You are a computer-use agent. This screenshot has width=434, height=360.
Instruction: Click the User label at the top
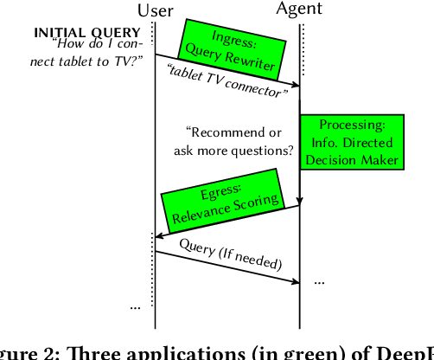coord(156,10)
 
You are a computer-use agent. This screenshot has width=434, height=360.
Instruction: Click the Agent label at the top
coord(300,10)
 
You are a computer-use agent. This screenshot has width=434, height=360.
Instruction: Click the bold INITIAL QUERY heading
coord(86,33)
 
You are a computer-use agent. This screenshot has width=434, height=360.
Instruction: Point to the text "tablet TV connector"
coord(227,77)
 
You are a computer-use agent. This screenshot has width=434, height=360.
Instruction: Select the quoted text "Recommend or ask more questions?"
coord(238,141)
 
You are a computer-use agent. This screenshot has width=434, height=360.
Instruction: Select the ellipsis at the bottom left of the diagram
coord(137,305)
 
